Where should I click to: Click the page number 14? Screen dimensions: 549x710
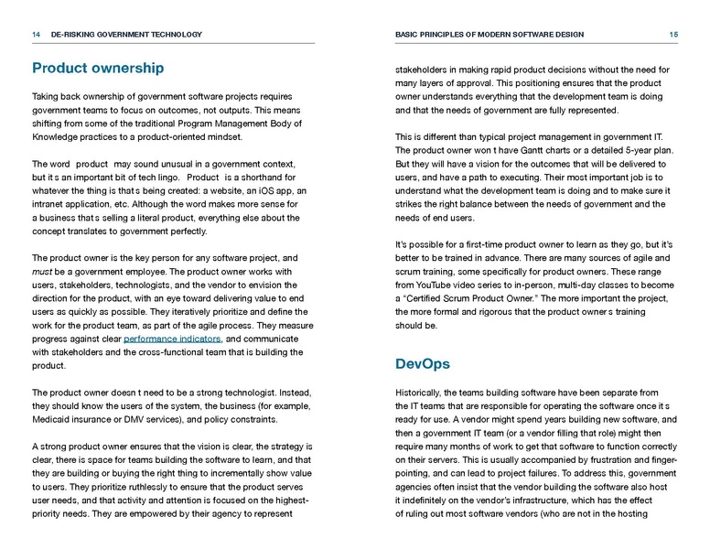[x=36, y=35]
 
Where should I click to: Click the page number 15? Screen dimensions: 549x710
[x=673, y=35]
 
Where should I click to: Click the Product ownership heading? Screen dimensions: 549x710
[x=98, y=69]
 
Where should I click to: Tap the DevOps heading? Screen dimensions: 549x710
[x=423, y=364]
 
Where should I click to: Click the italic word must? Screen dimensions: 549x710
[x=42, y=272]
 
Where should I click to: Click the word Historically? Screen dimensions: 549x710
[x=423, y=393]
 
